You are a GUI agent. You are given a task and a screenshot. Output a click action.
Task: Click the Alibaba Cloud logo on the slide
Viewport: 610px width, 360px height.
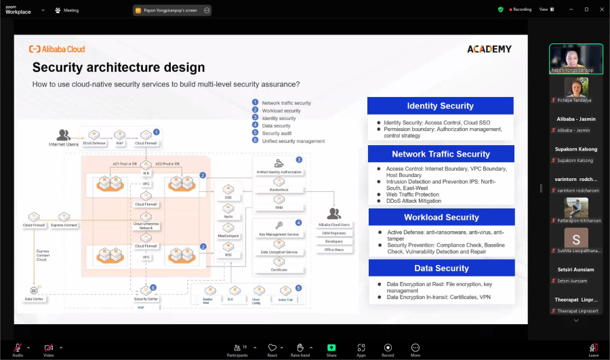[57, 49]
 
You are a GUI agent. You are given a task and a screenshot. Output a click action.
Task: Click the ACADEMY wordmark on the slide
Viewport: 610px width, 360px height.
[489, 49]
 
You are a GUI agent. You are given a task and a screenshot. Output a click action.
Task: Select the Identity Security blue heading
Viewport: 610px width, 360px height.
[440, 106]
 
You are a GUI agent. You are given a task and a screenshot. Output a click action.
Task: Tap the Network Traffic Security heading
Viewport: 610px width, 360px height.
[440, 154]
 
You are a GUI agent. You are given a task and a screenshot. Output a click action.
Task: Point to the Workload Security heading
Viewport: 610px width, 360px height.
[440, 217]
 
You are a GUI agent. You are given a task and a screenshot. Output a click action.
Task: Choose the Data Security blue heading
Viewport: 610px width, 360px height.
[440, 268]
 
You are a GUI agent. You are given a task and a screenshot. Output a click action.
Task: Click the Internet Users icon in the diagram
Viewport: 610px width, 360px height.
[64, 135]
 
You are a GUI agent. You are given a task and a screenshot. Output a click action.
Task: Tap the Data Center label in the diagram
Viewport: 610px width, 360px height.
[34, 298]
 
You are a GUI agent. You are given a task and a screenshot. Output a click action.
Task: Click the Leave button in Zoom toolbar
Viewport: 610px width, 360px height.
[593, 349]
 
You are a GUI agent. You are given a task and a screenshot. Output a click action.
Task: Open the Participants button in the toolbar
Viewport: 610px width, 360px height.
[237, 349]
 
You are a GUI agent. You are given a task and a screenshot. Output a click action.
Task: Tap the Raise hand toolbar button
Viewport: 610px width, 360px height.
[300, 349]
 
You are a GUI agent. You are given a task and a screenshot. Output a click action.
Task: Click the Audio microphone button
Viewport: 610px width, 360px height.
[18, 349]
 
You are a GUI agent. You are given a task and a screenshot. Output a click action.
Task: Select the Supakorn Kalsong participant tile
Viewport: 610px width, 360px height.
[575, 153]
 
